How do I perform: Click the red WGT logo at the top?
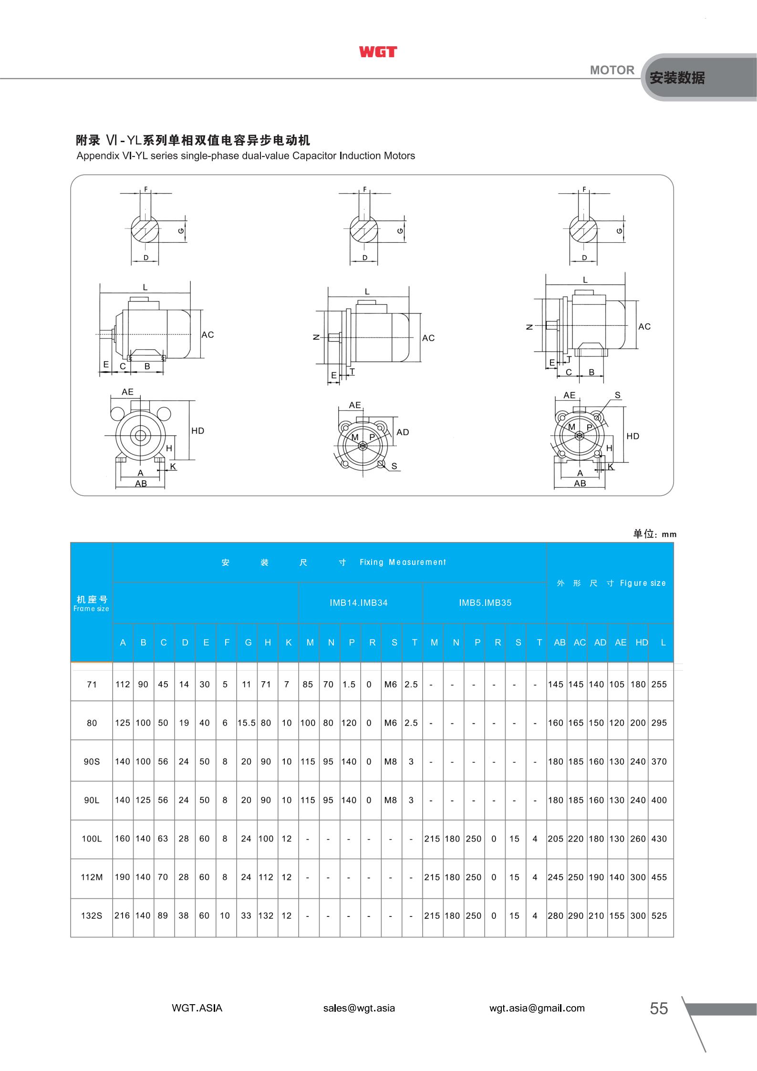pyautogui.click(x=378, y=52)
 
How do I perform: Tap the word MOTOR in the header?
pyautogui.click(x=612, y=70)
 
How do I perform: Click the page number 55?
pyautogui.click(x=659, y=1008)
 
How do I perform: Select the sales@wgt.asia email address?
pyautogui.click(x=359, y=1008)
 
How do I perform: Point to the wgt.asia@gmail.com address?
pyautogui.click(x=537, y=1008)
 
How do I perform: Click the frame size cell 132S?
pyautogui.click(x=92, y=915)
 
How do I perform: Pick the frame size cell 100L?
pyautogui.click(x=92, y=838)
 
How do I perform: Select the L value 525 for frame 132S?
pyautogui.click(x=659, y=915)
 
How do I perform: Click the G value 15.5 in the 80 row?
pyautogui.click(x=247, y=723)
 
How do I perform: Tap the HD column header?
pyautogui.click(x=642, y=643)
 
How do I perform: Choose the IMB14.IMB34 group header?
pyautogui.click(x=359, y=603)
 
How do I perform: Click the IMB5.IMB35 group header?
pyautogui.click(x=485, y=603)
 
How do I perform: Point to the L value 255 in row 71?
pyautogui.click(x=659, y=684)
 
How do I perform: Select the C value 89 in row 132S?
pyautogui.click(x=163, y=915)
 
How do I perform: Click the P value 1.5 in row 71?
pyautogui.click(x=349, y=684)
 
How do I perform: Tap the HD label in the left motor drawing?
pyautogui.click(x=197, y=431)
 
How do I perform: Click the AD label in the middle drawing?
pyautogui.click(x=403, y=432)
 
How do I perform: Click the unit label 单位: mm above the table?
pyautogui.click(x=654, y=534)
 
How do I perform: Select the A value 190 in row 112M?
pyautogui.click(x=123, y=877)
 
